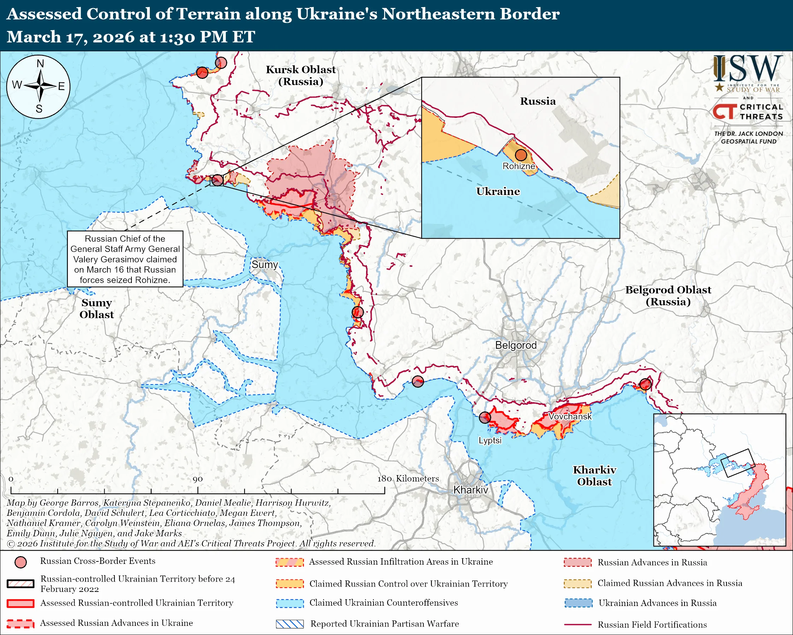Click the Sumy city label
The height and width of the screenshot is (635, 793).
(x=264, y=265)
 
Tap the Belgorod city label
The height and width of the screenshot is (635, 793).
(x=516, y=345)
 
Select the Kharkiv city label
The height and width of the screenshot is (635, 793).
(x=470, y=490)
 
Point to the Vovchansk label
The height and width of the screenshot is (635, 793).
(x=570, y=416)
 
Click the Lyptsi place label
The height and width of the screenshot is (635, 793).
(x=489, y=441)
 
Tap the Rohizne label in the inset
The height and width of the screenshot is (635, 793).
(x=519, y=166)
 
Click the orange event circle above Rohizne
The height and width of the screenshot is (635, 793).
(x=521, y=155)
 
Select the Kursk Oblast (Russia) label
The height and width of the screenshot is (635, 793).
(x=300, y=75)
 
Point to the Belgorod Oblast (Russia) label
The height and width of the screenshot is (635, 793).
(x=668, y=296)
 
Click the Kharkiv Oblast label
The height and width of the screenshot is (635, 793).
(x=594, y=475)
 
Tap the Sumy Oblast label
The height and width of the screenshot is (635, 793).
(x=96, y=308)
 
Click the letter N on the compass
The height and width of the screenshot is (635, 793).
(x=40, y=64)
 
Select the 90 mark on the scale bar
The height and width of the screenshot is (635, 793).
(x=198, y=479)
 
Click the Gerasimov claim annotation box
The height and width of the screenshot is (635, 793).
(x=125, y=259)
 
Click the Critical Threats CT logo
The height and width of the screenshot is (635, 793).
(x=724, y=111)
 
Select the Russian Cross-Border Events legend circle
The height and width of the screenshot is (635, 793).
(x=20, y=562)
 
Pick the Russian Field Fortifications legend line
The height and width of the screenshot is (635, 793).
(x=577, y=625)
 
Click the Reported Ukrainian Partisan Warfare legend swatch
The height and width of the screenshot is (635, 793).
(x=290, y=624)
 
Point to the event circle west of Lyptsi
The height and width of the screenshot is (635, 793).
(x=485, y=417)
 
